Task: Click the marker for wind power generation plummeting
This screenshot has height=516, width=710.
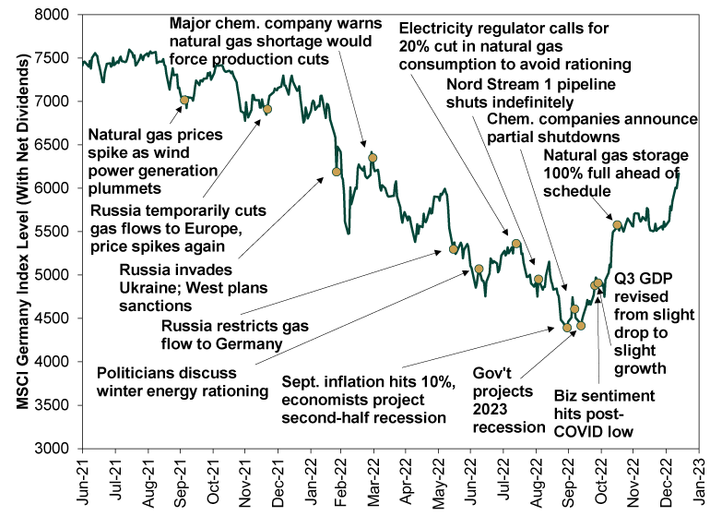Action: pyautogui.click(x=184, y=100)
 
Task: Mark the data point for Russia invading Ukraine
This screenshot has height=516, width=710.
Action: pyautogui.click(x=337, y=172)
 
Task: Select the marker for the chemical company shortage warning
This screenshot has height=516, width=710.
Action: pyautogui.click(x=373, y=158)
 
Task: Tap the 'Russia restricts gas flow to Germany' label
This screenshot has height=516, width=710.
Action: pyautogui.click(x=220, y=336)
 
